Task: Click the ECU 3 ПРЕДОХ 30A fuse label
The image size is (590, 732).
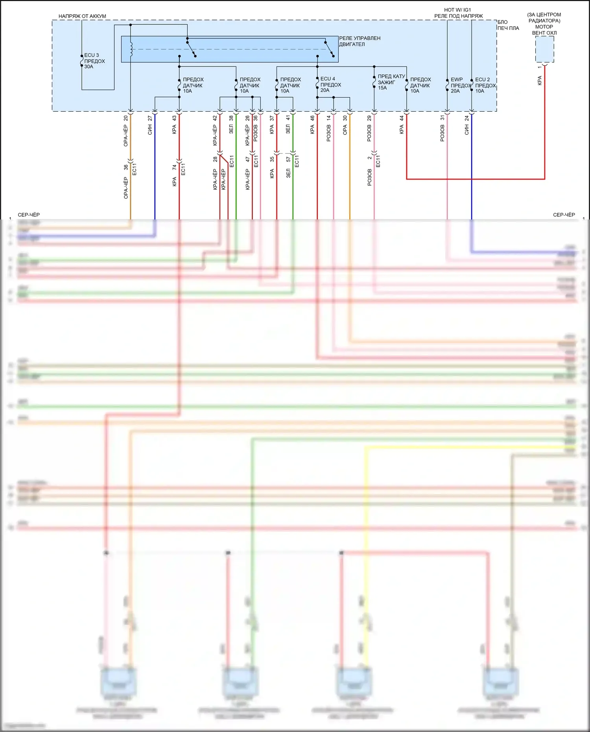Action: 94,61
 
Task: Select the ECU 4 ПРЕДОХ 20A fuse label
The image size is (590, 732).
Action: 330,85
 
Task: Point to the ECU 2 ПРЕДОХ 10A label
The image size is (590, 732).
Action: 485,85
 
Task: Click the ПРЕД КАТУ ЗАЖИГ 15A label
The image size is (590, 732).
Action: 391,82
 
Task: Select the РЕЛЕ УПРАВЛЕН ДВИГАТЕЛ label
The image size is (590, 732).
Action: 360,41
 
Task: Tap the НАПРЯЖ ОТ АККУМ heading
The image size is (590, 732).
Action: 82,16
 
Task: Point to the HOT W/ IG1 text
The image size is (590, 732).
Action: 457,10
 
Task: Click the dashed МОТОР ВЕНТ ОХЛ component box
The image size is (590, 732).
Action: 544,49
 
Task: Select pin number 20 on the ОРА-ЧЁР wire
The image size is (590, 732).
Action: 126,118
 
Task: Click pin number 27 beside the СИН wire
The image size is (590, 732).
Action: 150,118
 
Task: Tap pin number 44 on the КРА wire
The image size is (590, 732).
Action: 402,118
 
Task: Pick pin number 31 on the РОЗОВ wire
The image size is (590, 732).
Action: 442,118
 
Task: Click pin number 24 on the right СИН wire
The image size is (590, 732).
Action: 467,118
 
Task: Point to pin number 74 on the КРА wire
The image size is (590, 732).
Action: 174,167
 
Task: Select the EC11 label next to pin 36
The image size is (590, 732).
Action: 135,169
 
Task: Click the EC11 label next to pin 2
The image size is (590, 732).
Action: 378,161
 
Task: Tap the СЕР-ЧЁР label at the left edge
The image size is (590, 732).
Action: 29,215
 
